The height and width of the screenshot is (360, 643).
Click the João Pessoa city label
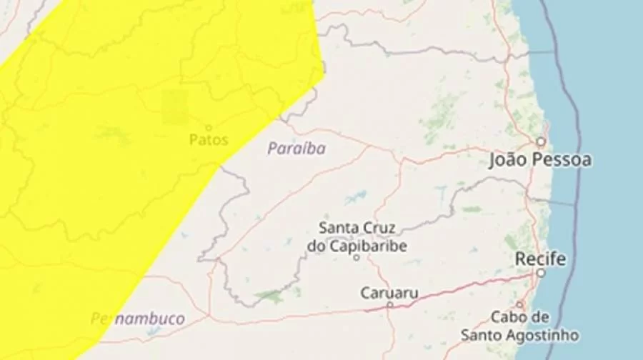click(x=540, y=161)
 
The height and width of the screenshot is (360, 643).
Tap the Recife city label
click(x=541, y=259)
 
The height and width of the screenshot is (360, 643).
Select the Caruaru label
click(x=389, y=293)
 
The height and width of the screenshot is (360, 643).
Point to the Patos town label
click(x=209, y=140)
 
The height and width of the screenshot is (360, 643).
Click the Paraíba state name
click(x=296, y=149)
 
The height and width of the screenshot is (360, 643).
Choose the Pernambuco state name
click(x=138, y=319)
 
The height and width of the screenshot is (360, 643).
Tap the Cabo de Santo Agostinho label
click(x=519, y=326)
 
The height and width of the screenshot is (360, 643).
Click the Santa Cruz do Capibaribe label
click(x=357, y=237)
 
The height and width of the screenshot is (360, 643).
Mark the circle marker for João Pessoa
click(x=542, y=141)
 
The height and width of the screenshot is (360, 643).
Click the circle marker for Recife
click(x=541, y=273)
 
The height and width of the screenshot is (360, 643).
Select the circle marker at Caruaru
click(x=389, y=305)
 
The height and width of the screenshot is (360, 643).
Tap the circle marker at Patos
click(x=209, y=127)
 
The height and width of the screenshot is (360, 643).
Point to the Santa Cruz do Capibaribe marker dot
click(x=357, y=256)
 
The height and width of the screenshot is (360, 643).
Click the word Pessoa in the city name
click(x=564, y=161)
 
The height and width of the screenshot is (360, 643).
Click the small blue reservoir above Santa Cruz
click(x=355, y=196)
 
